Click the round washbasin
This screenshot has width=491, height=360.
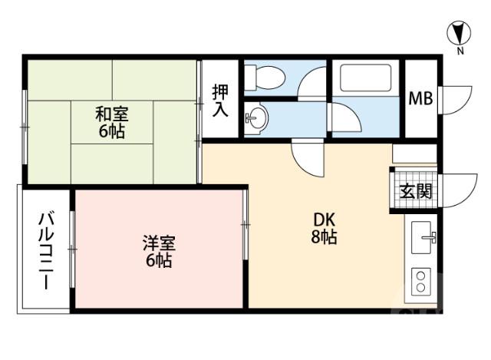coord(258,119)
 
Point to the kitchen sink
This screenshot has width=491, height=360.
coord(423,238)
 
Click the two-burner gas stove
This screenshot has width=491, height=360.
coord(421,281)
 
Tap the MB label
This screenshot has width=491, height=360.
coord(420,98)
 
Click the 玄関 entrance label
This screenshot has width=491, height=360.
coord(414,190)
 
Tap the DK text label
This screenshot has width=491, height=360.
coord(324,220)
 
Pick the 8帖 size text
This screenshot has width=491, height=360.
coord(324,238)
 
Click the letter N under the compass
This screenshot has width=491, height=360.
coord(460,51)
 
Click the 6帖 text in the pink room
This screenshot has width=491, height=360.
coord(159,261)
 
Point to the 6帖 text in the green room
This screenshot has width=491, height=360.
coord(111,131)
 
